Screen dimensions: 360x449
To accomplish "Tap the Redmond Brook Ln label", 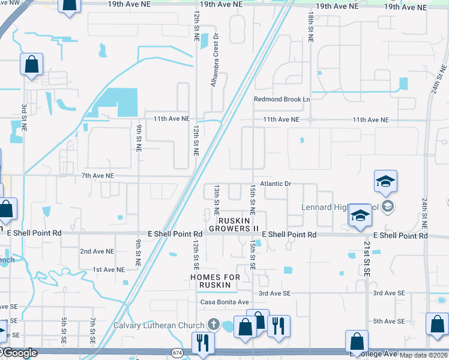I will [x=282, y=99].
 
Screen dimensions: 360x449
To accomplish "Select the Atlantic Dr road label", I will [x=276, y=184].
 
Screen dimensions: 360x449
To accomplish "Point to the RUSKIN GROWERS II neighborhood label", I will [x=234, y=224].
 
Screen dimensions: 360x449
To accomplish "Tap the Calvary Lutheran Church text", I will [x=159, y=326].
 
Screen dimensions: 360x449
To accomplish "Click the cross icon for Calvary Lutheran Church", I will [x=212, y=325].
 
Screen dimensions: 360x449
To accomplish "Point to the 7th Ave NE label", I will [x=98, y=175].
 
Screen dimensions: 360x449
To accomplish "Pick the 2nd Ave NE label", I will [x=97, y=251].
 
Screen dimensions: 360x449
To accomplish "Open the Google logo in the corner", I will [x=19, y=353].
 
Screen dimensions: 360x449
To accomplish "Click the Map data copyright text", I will [x=424, y=355].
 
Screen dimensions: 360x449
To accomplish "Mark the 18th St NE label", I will [x=310, y=26].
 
